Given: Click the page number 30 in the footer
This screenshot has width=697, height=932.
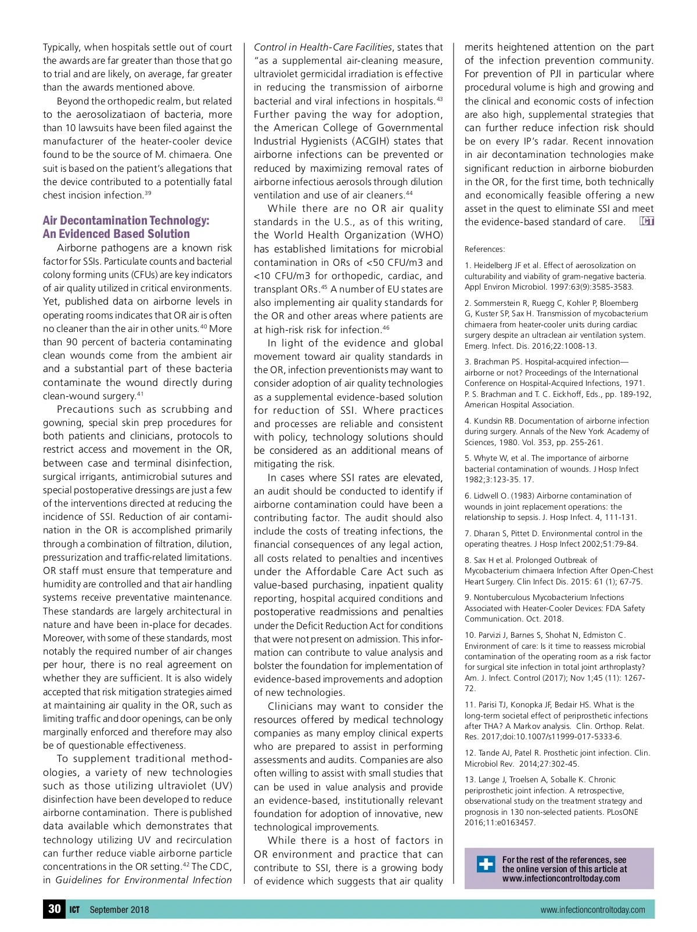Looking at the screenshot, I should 55,909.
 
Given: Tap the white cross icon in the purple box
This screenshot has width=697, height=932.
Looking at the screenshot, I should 486,864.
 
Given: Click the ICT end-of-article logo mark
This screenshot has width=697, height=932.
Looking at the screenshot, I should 646,221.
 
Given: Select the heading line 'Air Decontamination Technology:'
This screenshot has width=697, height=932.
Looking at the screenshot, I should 126,221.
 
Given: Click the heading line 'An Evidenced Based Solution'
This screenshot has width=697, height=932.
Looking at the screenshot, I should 116,234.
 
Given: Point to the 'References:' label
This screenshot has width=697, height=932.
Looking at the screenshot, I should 484,249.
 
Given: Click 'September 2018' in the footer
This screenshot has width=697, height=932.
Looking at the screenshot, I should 119,909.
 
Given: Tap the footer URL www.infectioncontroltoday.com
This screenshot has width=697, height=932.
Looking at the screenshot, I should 592,909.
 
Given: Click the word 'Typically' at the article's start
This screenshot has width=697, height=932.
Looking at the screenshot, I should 62,47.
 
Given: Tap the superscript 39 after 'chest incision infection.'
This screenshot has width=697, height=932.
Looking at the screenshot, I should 148,193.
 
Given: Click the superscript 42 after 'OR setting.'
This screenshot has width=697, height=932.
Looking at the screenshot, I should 186,865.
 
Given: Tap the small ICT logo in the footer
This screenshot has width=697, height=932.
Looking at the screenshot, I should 75,909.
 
